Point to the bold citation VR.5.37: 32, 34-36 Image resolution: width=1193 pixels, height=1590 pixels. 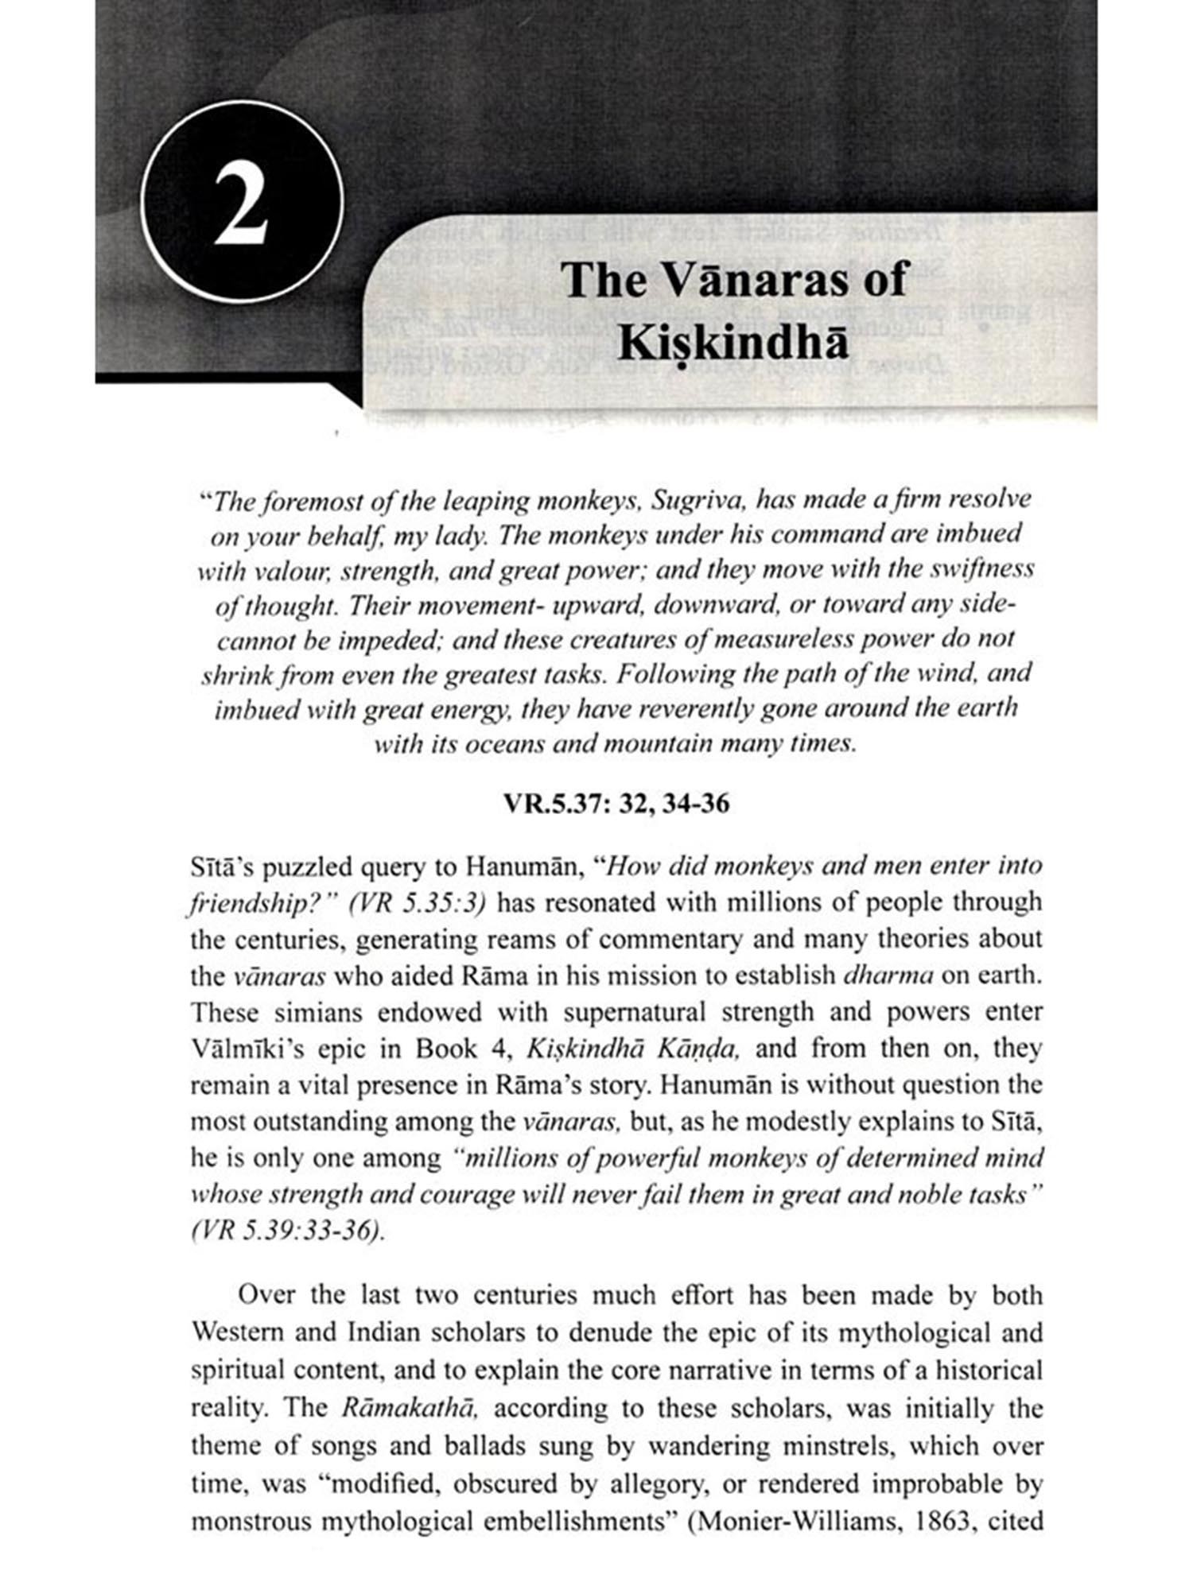(x=616, y=804)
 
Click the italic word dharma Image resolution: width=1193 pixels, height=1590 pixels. (x=876, y=975)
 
